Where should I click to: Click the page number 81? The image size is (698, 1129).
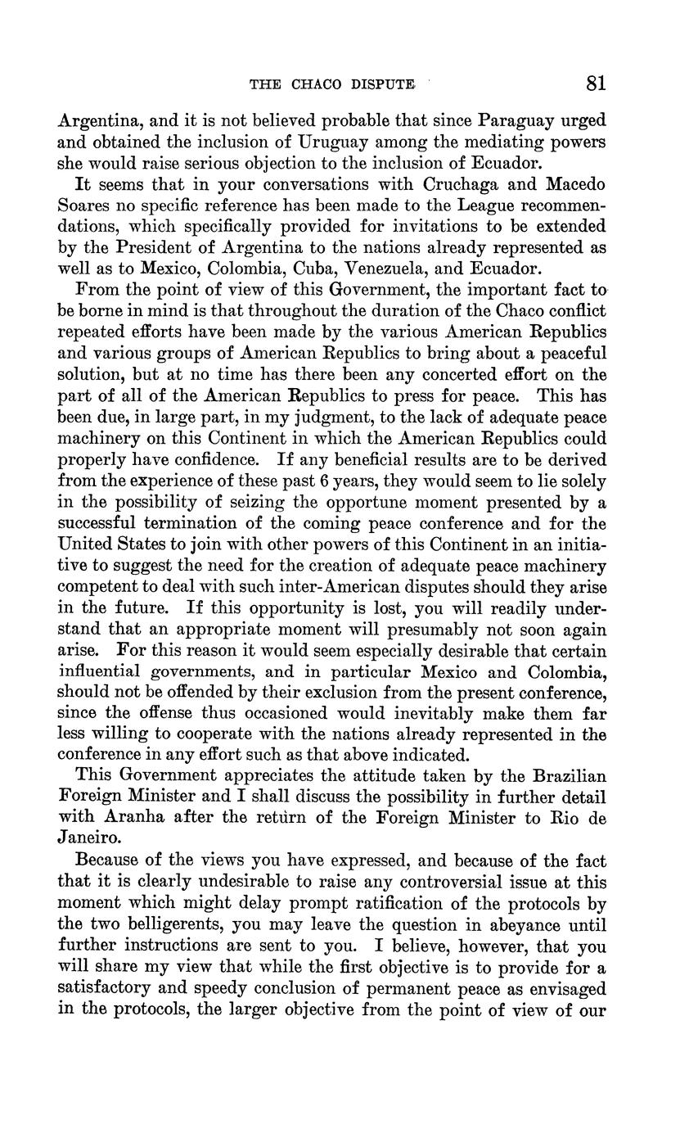click(596, 84)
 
